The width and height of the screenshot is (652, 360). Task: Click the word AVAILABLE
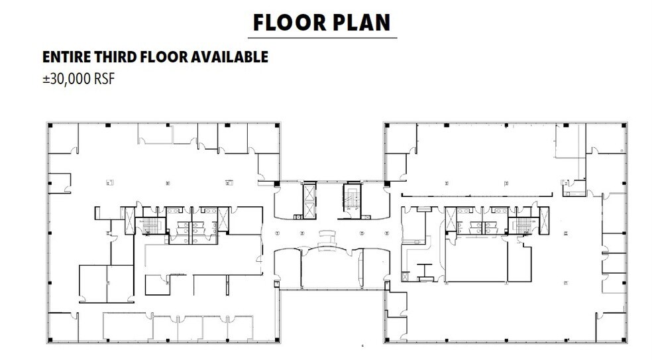(x=229, y=57)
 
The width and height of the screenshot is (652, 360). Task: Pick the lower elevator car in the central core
(x=309, y=210)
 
